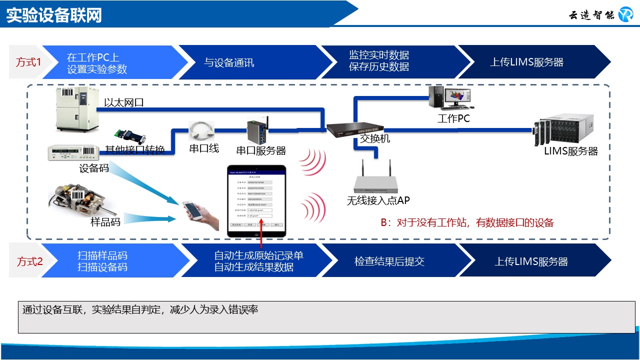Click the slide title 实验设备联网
pyautogui.click(x=54, y=15)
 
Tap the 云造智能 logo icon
pyautogui.click(x=625, y=14)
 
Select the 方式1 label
pyautogui.click(x=28, y=62)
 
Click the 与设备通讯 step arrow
pyautogui.click(x=229, y=62)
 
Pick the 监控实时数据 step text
pyautogui.click(x=378, y=55)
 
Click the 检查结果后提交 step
pyautogui.click(x=389, y=261)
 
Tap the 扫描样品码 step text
pyautogui.click(x=102, y=255)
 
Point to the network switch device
pyautogui.click(x=355, y=128)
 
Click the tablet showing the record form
pyautogui.click(x=256, y=200)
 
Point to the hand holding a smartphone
pyautogui.click(x=200, y=215)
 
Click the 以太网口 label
pyautogui.click(x=124, y=103)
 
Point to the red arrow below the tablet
pyautogui.click(x=262, y=233)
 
